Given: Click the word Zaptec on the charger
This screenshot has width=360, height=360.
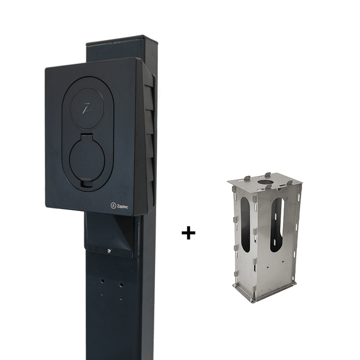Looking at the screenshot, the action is coord(122,207).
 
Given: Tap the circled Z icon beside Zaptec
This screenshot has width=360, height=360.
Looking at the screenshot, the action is coord(113,205).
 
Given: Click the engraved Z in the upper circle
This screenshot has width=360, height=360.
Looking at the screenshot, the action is coord(87,108).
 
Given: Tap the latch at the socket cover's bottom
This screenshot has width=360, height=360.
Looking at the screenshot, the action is coord(87,183).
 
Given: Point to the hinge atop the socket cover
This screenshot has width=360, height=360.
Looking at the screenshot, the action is coord(87,137).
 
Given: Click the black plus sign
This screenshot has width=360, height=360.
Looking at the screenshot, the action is coord(188,233).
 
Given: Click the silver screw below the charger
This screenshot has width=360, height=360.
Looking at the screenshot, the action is coord(109,251).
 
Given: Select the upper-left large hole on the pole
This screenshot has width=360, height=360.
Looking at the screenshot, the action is coord(102,281).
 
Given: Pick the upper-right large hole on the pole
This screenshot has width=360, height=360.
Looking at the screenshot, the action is coord(121,285).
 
